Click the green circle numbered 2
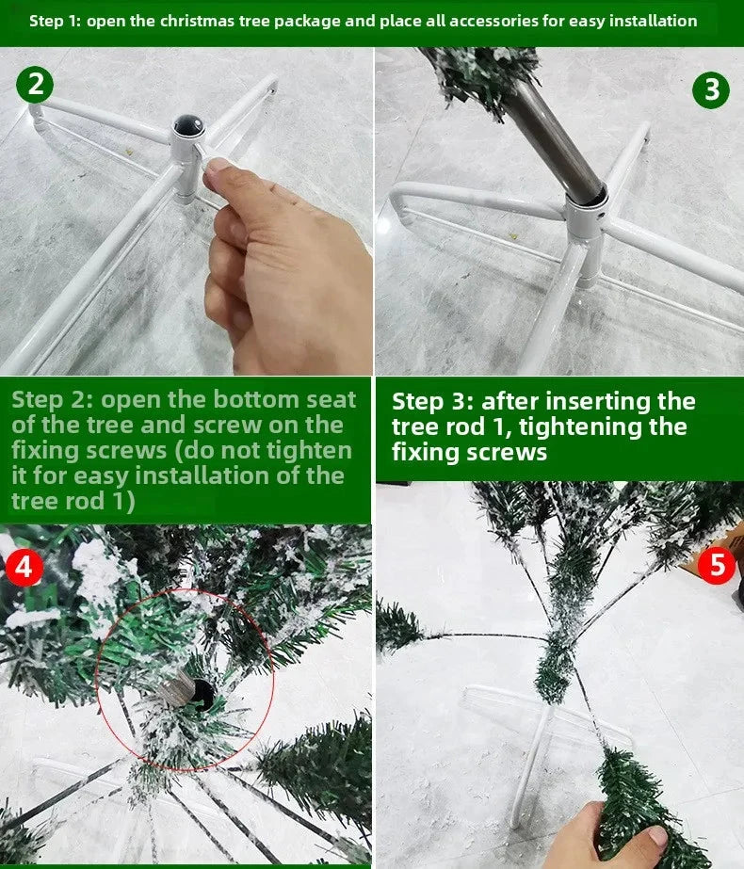click(35, 85)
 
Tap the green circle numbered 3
click(711, 89)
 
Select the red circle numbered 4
click(24, 569)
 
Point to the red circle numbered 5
click(718, 566)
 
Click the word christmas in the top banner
click(197, 21)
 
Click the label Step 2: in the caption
click(52, 399)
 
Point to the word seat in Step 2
click(324, 399)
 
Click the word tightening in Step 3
click(589, 426)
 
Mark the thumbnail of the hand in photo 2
click(218, 168)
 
